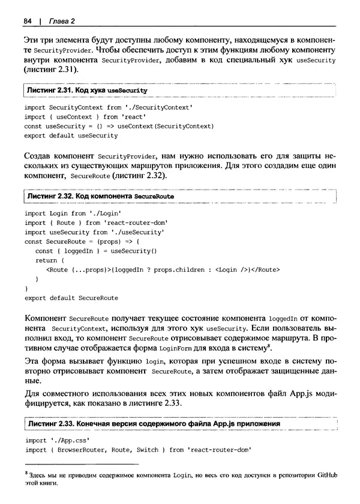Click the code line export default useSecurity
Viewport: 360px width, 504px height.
[71, 136]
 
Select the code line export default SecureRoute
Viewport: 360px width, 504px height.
[72, 298]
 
